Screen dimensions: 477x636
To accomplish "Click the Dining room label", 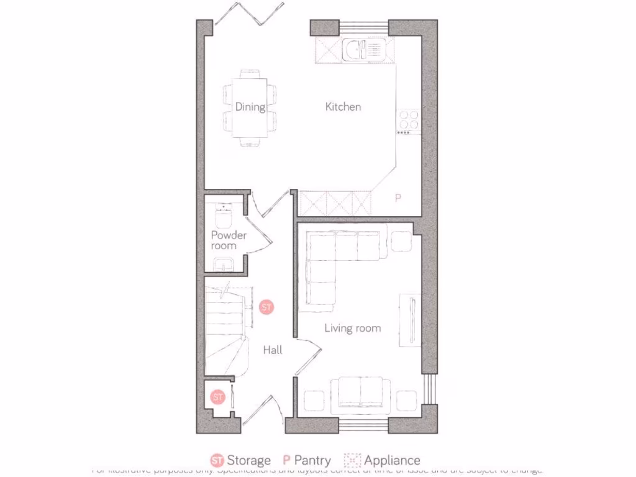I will [250, 107].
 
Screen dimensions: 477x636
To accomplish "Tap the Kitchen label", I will [343, 107].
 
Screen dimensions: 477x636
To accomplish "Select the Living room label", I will [352, 328].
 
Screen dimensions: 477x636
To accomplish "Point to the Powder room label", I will [228, 240].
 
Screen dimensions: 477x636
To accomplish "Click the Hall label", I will [272, 350].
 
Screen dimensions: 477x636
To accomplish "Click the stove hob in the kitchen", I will [408, 119].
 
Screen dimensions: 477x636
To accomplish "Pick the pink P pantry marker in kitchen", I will [398, 198].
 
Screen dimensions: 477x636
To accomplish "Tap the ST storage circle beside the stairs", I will [266, 307].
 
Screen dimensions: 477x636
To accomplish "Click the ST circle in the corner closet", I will [217, 396].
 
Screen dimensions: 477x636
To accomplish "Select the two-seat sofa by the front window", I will [360, 394].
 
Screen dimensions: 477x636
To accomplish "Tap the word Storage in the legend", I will [248, 460].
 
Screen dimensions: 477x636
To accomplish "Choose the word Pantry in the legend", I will [312, 460].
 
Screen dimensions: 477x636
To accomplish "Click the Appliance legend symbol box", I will [352, 460].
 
